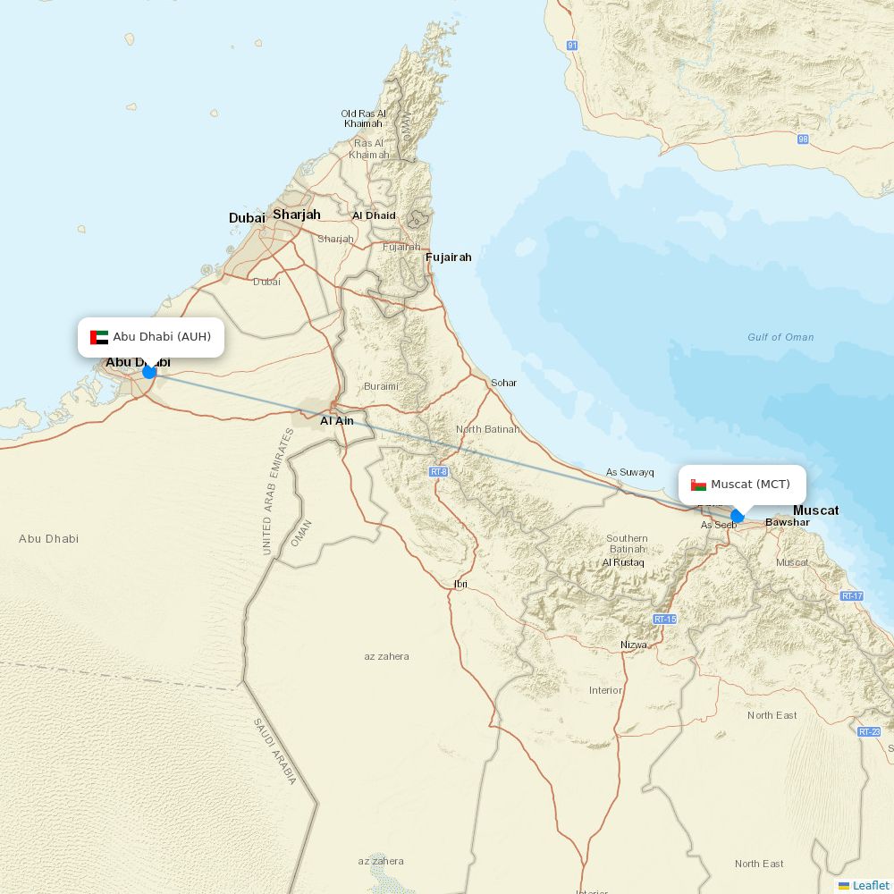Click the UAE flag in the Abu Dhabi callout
pos(99,337)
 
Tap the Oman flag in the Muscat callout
pos(699,485)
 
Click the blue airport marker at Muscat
pos(738,516)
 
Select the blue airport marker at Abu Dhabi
pos(149,371)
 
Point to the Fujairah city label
pos(448,257)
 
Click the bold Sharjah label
pos(296,215)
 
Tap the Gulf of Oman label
pos(780,337)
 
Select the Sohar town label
pos(503,383)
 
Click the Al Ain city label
pos(337,420)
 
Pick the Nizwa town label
pos(634,645)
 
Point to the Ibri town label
pos(460,584)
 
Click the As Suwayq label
pos(630,472)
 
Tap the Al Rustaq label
pos(623,562)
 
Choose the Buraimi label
pos(381,386)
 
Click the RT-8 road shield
pos(438,471)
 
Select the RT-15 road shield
pos(664,619)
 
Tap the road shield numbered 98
pos(803,139)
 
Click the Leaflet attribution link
pos(870,885)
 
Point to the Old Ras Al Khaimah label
pos(363,119)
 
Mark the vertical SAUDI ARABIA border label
pos(274,751)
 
